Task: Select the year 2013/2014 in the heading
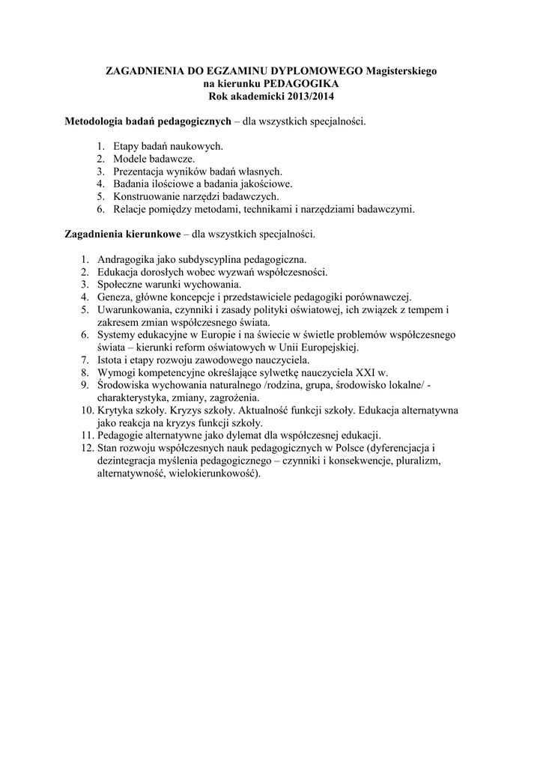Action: point(305,96)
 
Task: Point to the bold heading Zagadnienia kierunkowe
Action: point(122,234)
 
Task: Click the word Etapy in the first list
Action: point(128,146)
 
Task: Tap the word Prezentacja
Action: point(143,172)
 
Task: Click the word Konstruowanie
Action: point(149,196)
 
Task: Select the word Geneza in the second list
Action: point(115,297)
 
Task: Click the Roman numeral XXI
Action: point(365,372)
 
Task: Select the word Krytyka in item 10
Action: point(116,410)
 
